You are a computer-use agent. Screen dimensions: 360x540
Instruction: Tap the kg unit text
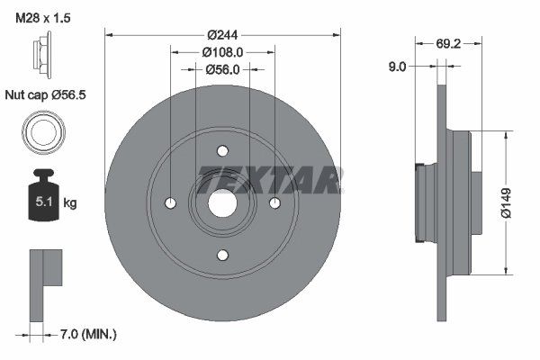70,203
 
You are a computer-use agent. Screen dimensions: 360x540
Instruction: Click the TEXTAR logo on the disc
269,179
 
